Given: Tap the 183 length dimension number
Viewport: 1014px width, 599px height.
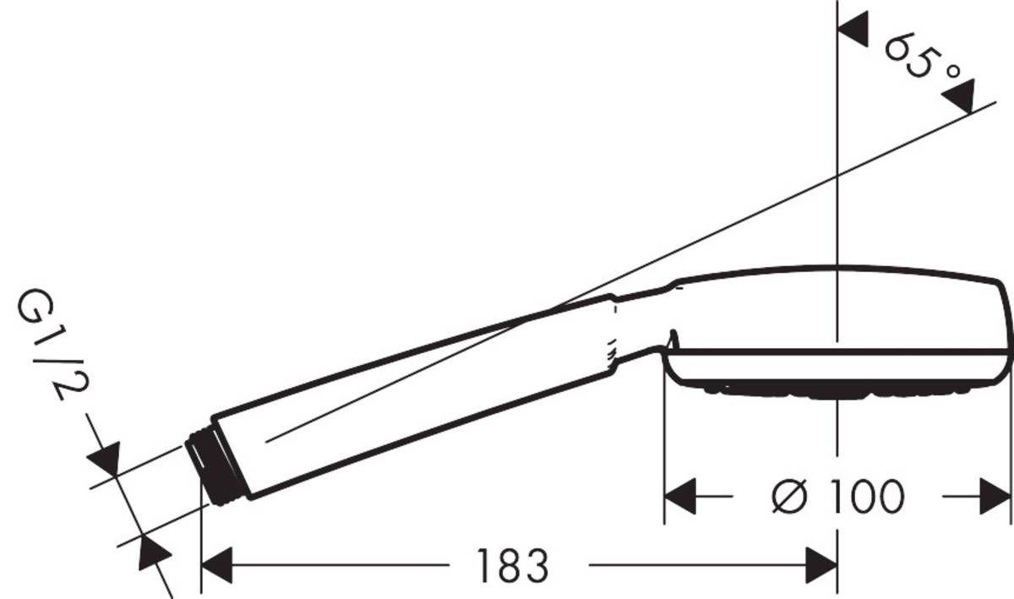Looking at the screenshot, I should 513,565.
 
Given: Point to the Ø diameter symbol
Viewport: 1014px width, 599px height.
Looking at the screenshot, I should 791,497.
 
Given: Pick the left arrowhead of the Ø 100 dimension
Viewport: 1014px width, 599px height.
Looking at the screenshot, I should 680,497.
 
